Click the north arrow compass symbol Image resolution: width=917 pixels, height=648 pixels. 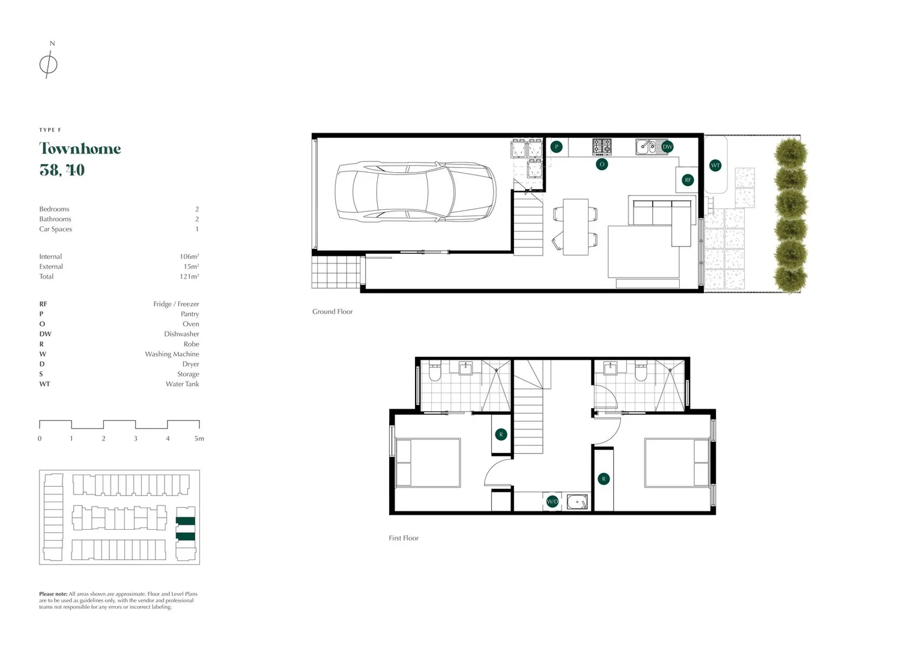tap(48, 63)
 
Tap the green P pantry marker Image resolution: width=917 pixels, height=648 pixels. tap(557, 146)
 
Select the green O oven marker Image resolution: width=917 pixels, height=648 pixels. tap(602, 164)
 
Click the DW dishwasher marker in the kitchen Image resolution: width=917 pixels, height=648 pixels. tap(667, 146)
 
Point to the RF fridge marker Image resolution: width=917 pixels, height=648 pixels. tap(688, 179)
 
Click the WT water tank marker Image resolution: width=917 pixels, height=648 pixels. tap(715, 165)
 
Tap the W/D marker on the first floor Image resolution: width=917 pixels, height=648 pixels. tap(552, 501)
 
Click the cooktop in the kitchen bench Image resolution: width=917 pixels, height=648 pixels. tap(602, 146)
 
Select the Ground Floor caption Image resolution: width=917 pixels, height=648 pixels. tap(332, 311)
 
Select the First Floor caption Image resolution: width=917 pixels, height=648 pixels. tap(403, 538)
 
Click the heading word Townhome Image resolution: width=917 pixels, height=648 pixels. tap(80, 149)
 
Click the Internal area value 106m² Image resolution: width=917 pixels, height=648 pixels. tap(189, 256)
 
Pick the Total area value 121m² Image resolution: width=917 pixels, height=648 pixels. tap(189, 276)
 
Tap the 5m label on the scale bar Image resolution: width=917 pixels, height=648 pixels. tap(199, 439)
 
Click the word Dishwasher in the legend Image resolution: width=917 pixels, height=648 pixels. tap(181, 334)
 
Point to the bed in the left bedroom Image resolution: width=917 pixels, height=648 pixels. tap(428, 463)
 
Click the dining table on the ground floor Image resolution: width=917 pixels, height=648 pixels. tap(575, 227)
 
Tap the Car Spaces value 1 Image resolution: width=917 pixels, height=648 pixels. tap(196, 229)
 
